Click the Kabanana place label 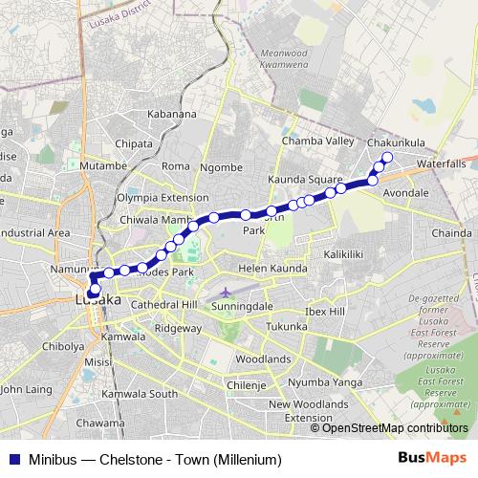pyautogui.click(x=172, y=114)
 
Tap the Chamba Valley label pyautogui.click(x=318, y=141)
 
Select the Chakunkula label pyautogui.click(x=396, y=142)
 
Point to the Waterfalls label pyautogui.click(x=441, y=163)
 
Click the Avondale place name pyautogui.click(x=404, y=192)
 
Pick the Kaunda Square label pyautogui.click(x=305, y=179)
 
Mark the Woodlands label pyautogui.click(x=263, y=358)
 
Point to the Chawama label pyautogui.click(x=100, y=423)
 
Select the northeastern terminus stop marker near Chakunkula pyautogui.click(x=387, y=157)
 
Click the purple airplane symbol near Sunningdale pyautogui.click(x=225, y=292)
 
